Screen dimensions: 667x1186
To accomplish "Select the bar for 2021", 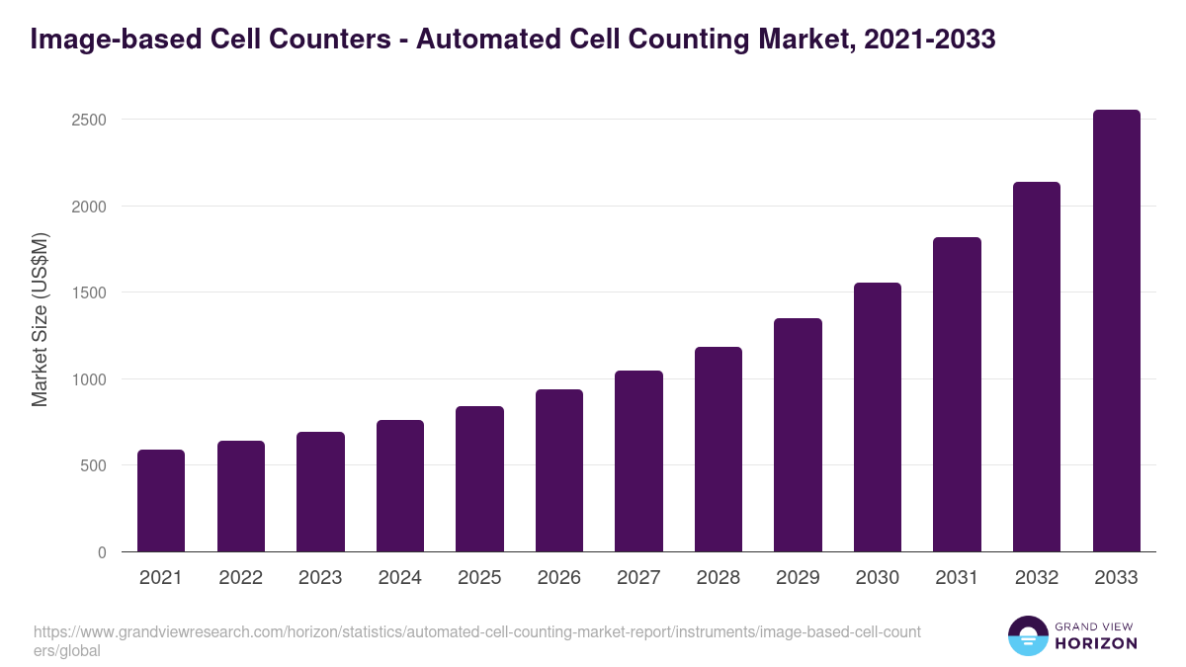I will coord(161,501).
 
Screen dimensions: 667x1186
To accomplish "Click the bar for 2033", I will coord(1116,331).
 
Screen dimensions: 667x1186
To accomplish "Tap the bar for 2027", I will coord(638,461).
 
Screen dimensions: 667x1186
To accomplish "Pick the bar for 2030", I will coord(878,417).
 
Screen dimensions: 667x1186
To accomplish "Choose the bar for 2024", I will coord(400,486).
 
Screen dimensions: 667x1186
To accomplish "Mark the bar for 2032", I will coord(1037,367).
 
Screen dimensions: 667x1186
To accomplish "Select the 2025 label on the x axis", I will coord(479,578).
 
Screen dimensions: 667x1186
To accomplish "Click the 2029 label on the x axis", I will coord(798,578).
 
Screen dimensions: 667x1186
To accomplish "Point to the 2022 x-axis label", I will coord(240,578).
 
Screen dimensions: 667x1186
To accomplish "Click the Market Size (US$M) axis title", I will coord(40,318).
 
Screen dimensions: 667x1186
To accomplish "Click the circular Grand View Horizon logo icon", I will coord(1027,635).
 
